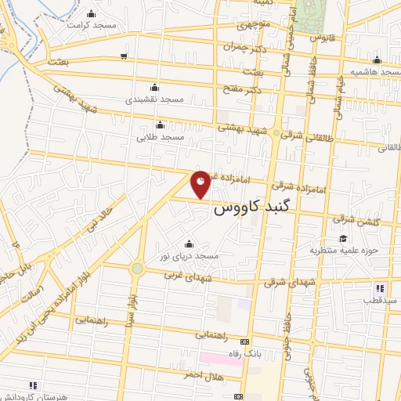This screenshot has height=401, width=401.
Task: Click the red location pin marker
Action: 200,184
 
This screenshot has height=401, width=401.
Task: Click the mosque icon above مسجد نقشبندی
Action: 154,87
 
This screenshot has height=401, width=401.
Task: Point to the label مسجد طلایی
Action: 161,137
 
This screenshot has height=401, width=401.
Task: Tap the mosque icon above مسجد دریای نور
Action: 188,244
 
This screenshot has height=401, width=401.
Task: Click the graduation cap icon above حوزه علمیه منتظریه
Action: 342,239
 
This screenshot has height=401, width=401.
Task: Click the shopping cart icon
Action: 124,55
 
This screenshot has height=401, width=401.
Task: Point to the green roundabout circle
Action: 138,269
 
